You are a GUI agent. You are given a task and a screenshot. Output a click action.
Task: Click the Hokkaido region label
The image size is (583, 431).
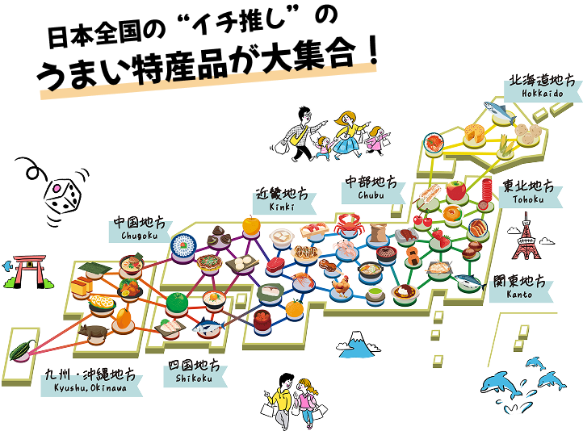coord(542,87)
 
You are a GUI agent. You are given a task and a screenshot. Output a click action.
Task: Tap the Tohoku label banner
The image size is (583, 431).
coord(526,192)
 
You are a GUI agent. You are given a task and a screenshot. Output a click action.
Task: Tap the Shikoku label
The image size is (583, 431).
coord(193,373)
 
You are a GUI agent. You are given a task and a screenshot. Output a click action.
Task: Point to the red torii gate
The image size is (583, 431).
coord(23,272)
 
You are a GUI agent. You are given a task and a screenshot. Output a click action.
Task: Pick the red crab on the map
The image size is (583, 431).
coord(348,222)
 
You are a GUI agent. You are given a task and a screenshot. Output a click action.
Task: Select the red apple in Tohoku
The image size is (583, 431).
coord(457,190)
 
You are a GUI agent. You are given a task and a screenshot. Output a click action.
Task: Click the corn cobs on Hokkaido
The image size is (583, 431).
coord(505,145)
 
